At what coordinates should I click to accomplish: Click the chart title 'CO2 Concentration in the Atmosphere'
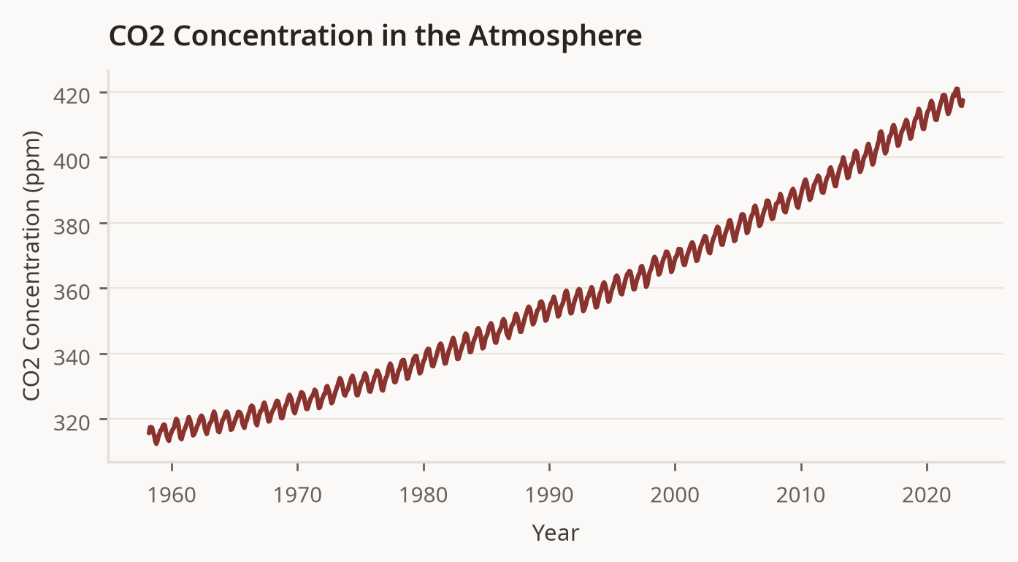375,36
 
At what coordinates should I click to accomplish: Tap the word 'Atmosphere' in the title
555,36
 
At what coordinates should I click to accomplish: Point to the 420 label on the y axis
72,96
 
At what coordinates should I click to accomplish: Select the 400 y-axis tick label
72,161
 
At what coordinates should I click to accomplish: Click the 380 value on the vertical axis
72,227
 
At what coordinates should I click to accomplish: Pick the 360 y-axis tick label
72,292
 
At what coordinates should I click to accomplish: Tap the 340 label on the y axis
72,357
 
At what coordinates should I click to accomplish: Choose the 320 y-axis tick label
72,423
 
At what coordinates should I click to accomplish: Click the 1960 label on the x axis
172,495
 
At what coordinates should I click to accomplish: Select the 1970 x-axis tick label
298,495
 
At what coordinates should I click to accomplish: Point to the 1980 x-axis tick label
424,495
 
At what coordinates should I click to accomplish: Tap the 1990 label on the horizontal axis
549,495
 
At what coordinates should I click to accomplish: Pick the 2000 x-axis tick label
675,495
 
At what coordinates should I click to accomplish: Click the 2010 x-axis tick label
801,495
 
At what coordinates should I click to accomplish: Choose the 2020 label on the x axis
927,495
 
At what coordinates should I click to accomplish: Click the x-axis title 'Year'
556,533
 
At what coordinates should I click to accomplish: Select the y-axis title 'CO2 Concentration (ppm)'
32,266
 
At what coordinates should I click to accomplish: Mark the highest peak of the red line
957,90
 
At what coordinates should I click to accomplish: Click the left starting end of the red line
148,433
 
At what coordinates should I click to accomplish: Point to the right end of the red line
962,102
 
